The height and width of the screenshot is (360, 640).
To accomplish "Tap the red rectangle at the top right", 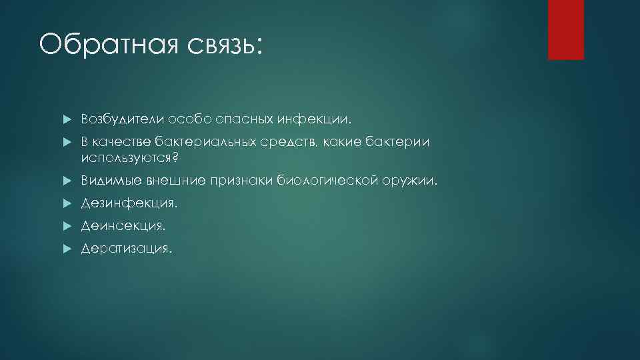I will point(565,29).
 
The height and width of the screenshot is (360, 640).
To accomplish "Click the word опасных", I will point(253,119).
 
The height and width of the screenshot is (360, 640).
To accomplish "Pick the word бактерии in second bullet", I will point(398,142).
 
